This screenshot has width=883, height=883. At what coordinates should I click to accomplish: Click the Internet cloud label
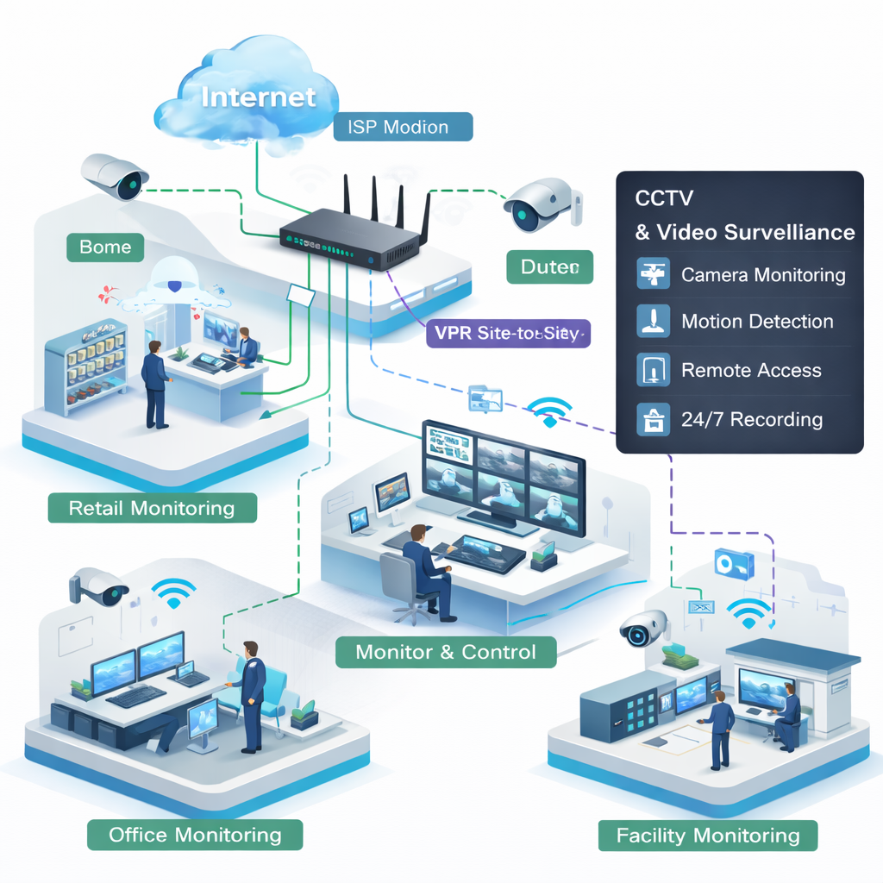[259, 96]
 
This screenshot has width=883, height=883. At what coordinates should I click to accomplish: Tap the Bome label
[105, 247]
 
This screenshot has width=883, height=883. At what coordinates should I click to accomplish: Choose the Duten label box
[549, 267]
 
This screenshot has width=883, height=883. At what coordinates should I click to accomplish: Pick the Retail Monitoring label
[152, 508]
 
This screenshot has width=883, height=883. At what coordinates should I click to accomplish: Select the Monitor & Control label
[445, 651]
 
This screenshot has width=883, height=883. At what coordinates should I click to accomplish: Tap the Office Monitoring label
[195, 835]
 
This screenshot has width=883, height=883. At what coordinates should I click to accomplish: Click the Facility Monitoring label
[708, 836]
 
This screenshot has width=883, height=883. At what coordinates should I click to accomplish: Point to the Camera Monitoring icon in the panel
[653, 274]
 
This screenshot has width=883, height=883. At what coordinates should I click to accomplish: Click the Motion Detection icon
[653, 321]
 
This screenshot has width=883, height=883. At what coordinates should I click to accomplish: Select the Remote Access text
[751, 371]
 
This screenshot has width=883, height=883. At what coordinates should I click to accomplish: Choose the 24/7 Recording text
[751, 420]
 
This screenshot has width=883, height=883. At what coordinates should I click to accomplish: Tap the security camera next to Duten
[542, 204]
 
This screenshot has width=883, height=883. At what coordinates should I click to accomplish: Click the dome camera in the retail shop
[177, 280]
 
